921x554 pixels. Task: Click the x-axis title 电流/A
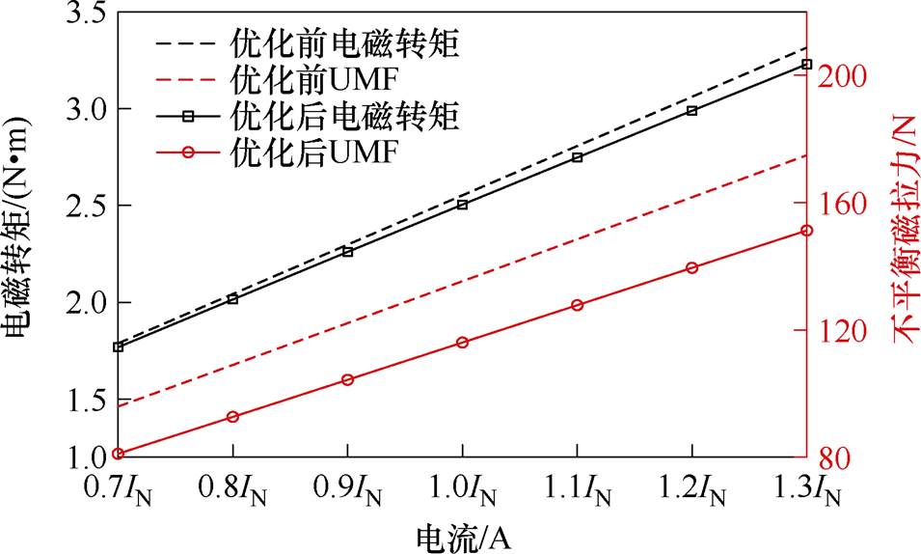(x=463, y=536)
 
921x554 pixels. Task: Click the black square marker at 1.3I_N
(x=807, y=65)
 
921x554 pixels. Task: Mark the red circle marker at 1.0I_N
(x=463, y=343)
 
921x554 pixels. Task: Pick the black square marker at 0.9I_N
(x=348, y=252)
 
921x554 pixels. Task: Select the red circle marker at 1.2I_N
(x=692, y=267)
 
